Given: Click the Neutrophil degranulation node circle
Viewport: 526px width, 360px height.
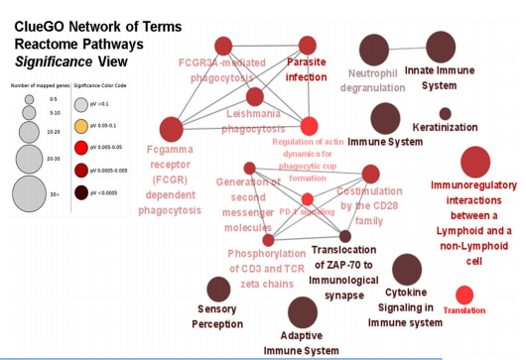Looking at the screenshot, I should (373, 48).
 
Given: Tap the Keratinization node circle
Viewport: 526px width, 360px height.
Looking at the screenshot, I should (445, 113).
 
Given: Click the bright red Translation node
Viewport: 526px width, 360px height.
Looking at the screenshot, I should (463, 295).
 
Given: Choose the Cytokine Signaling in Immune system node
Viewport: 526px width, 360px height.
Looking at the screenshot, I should (406, 269).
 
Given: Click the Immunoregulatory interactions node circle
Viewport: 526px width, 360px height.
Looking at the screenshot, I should (474, 161).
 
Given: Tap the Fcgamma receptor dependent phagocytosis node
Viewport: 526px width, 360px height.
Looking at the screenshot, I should (172, 128).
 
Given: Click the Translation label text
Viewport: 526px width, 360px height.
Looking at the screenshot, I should (464, 310).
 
